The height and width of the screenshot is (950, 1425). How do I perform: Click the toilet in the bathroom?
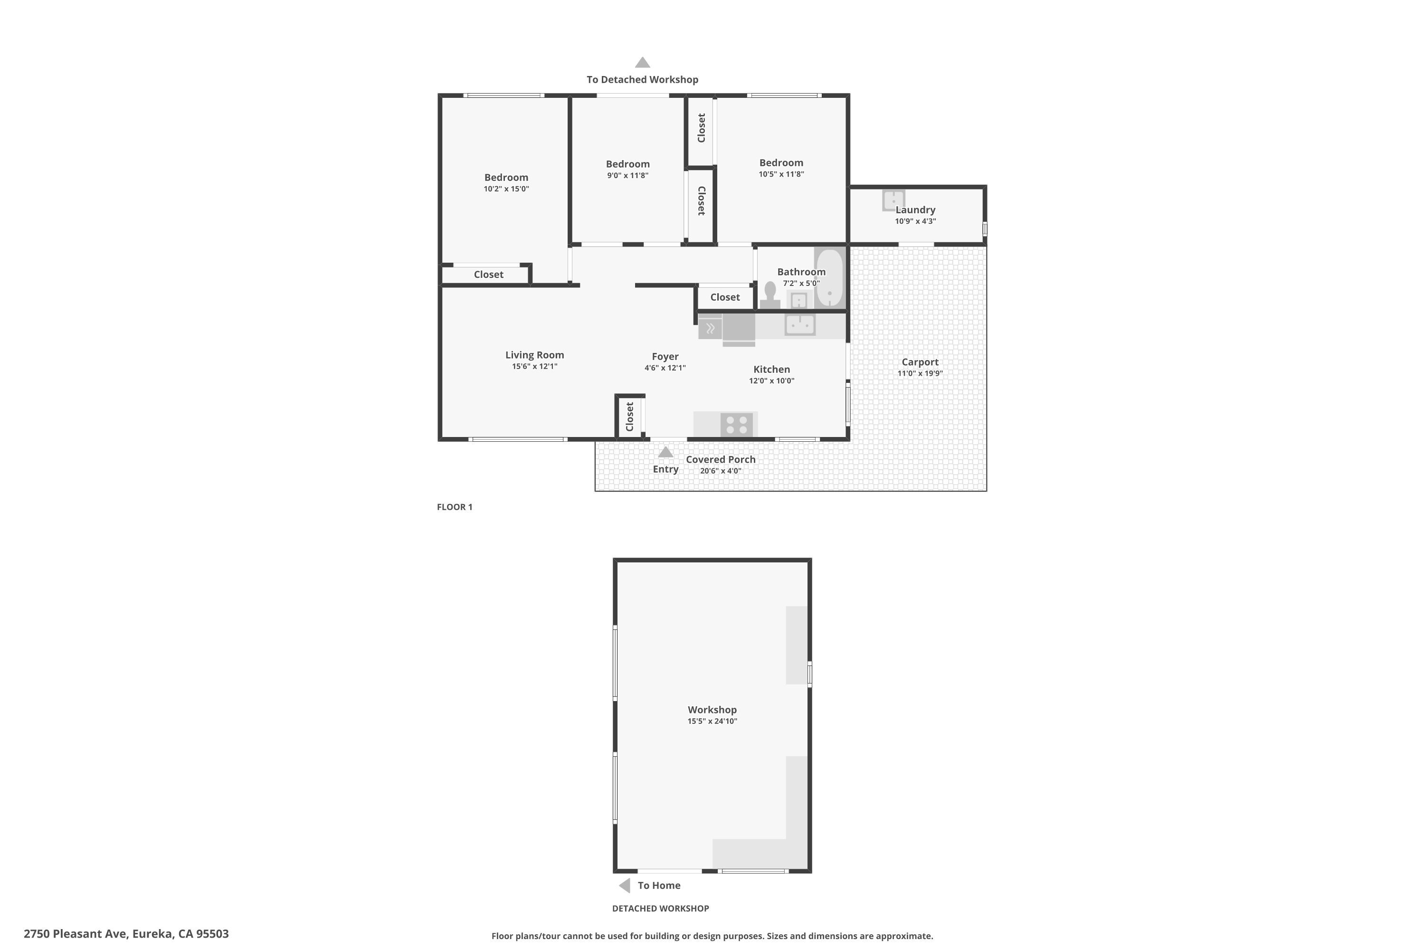click(x=770, y=295)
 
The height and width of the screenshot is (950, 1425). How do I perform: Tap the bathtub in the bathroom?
click(x=829, y=278)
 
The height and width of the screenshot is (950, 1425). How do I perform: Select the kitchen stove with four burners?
click(x=737, y=425)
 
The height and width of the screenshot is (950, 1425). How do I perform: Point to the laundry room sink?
click(x=893, y=200)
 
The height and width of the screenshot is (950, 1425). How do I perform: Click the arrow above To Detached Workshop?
click(x=643, y=62)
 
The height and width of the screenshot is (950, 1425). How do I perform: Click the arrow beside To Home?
click(x=624, y=885)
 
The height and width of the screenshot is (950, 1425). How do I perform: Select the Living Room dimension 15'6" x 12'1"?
click(x=534, y=367)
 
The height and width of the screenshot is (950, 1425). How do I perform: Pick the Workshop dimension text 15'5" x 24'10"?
click(x=712, y=721)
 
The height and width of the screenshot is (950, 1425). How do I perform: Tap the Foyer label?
click(x=665, y=356)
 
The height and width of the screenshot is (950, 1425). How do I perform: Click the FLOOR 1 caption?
click(x=455, y=507)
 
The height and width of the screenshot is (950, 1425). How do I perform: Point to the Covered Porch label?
click(x=721, y=459)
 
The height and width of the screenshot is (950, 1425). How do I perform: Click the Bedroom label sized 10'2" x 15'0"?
click(x=506, y=178)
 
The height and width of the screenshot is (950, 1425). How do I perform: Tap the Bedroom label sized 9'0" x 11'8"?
click(x=627, y=164)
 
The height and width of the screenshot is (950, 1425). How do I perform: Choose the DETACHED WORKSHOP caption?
click(x=660, y=908)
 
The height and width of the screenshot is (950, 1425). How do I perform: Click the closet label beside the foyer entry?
click(x=629, y=417)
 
